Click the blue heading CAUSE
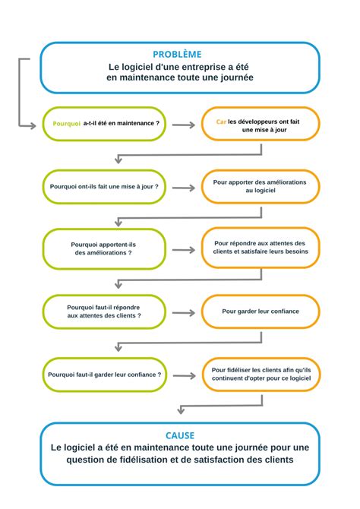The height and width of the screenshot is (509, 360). (x=180, y=435)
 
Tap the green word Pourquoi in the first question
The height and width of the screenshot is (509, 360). (x=67, y=124)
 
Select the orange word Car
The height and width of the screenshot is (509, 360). (x=221, y=119)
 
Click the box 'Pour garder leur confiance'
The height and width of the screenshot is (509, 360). (x=261, y=311)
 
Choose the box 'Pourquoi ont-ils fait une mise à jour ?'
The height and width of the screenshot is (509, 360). (x=104, y=186)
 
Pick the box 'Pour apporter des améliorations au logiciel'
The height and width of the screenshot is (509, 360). (x=261, y=186)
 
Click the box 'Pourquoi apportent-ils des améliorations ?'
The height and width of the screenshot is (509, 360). (x=104, y=248)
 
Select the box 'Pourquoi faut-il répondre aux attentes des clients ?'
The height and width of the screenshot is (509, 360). (x=104, y=311)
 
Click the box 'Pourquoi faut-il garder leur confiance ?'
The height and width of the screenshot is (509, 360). (x=104, y=375)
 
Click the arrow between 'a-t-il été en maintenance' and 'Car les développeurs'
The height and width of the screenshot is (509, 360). (x=183, y=124)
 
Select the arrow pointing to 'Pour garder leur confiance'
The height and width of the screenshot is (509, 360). (x=183, y=311)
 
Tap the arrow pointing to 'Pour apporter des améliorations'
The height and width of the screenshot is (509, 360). (x=183, y=186)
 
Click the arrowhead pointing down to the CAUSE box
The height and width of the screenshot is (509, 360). (x=180, y=411)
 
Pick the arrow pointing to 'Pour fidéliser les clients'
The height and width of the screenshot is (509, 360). (x=183, y=375)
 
